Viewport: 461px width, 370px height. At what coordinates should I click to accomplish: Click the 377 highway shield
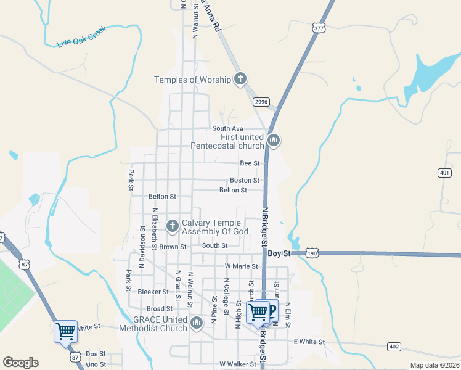point(319,28)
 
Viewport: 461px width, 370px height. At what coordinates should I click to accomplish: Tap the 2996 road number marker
point(261,102)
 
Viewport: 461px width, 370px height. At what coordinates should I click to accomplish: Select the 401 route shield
point(445,173)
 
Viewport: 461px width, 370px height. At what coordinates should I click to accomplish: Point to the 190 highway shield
point(313,253)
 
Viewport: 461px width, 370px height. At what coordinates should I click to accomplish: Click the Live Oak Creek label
point(81,36)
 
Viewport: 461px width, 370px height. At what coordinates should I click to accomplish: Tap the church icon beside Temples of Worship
point(240,79)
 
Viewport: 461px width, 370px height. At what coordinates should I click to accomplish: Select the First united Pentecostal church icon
point(274,141)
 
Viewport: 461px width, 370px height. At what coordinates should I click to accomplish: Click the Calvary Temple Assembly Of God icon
point(172,226)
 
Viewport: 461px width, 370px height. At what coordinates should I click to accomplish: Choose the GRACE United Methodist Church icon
point(197,323)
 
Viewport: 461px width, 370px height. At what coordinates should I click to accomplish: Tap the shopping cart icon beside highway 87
point(65,331)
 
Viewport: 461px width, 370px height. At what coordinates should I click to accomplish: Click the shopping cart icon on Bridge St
point(258,312)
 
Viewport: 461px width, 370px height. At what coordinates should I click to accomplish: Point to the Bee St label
point(250,163)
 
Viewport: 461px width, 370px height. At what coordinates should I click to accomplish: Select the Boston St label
point(244,180)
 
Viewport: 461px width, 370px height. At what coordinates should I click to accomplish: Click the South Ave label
point(224,128)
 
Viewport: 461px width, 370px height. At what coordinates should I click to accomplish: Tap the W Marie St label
point(241,266)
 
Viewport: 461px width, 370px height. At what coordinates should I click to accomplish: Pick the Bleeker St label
point(153,292)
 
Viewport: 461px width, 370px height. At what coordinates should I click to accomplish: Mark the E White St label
point(309,342)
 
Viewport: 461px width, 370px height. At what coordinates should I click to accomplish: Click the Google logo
point(20,363)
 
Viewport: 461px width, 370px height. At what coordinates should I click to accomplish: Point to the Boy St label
point(279,253)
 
